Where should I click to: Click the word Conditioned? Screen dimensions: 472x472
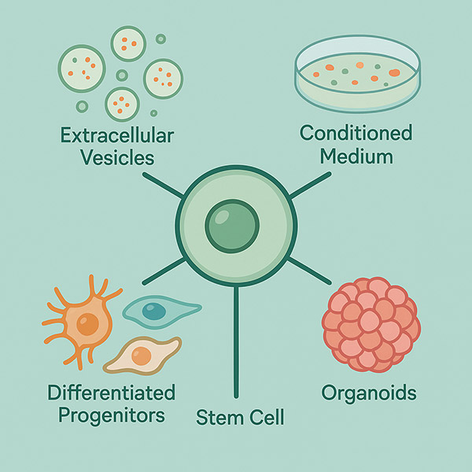click(x=356, y=132)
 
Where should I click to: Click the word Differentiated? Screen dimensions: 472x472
click(x=111, y=391)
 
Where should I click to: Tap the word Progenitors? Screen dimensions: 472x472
click(x=111, y=414)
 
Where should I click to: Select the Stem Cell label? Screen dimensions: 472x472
click(x=236, y=416)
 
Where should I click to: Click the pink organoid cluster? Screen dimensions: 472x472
click(x=371, y=322)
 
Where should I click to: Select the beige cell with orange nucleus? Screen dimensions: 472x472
click(x=142, y=356)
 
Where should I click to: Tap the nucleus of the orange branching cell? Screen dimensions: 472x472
click(x=87, y=322)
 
